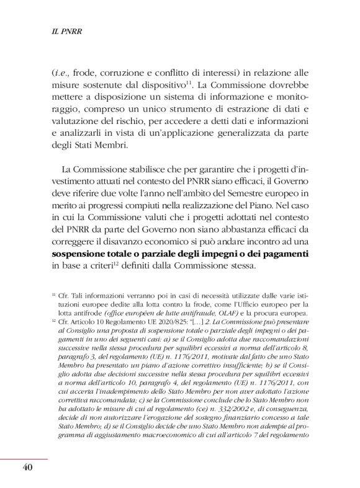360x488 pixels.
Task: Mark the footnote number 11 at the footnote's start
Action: click(x=54, y=296)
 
